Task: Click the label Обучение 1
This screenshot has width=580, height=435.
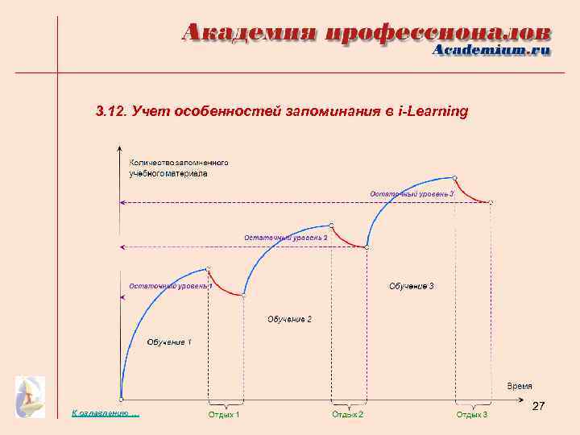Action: point(169,342)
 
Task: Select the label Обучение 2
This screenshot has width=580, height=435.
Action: point(289,320)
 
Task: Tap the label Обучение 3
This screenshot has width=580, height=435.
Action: point(412,286)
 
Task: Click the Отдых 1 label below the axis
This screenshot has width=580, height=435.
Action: point(224,414)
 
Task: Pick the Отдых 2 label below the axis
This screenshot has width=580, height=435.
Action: point(348,414)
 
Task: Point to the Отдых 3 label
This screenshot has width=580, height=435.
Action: point(472,414)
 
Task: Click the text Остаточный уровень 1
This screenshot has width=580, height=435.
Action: point(170,286)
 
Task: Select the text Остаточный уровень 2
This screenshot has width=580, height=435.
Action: point(285,238)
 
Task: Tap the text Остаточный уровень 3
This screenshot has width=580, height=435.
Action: point(412,193)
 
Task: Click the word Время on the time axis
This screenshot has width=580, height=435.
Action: point(519,386)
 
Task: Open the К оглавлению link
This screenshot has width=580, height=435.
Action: point(105,413)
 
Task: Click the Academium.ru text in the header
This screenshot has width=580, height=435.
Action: point(491,50)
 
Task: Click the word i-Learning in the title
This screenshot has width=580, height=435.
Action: point(433,111)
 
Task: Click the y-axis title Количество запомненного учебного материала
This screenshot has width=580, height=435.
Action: point(179,168)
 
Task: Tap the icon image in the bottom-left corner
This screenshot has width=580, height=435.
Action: point(31,396)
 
